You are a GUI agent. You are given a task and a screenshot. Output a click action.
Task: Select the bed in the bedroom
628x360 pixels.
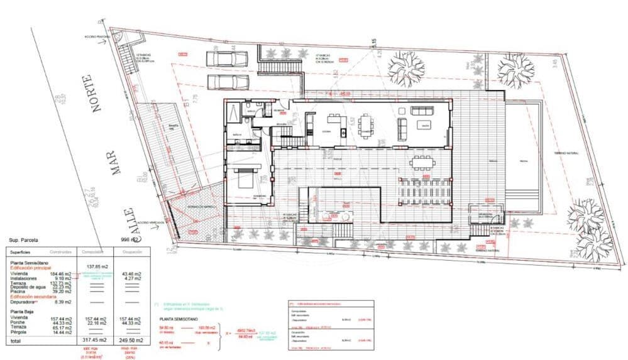point(246,177)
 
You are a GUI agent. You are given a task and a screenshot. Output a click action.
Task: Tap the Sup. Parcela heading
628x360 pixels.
point(23,240)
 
